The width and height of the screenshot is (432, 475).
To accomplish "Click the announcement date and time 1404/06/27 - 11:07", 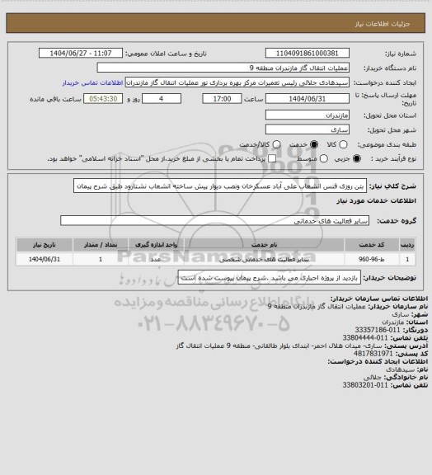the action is [x=89, y=54].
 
